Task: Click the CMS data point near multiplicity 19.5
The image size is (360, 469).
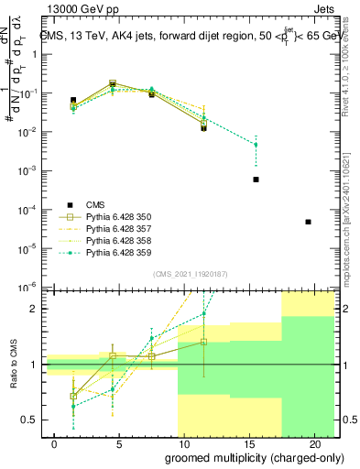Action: tap(308, 222)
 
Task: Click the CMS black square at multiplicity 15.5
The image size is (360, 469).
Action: tap(256, 180)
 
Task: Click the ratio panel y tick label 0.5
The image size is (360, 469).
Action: tap(31, 420)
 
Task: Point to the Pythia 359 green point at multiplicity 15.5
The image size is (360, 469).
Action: tap(256, 145)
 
